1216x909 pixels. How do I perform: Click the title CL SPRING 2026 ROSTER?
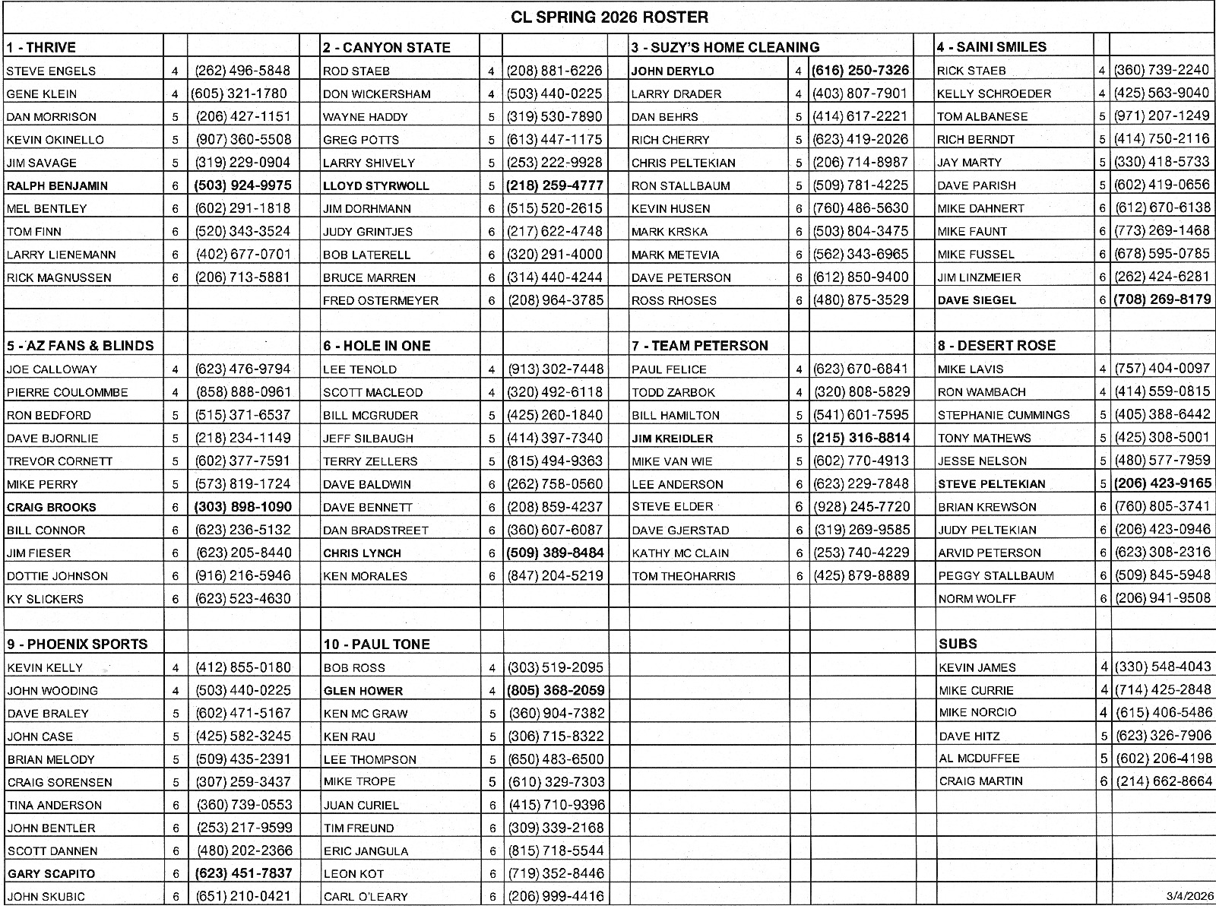coord(609,17)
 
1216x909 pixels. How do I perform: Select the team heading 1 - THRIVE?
coord(42,47)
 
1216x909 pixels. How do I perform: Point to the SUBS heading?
coord(958,644)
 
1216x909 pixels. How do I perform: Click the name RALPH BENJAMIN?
coord(57,185)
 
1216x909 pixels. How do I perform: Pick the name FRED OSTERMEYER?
coord(381,300)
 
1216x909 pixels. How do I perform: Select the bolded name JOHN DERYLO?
coord(673,71)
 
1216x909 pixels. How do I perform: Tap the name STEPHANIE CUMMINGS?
coord(1003,415)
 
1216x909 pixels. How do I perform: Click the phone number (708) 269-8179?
coord(1162,299)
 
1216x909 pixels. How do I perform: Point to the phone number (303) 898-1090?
coord(243,507)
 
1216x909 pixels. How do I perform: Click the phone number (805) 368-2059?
coord(556,690)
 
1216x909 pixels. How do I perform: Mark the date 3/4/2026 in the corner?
coord(1189,896)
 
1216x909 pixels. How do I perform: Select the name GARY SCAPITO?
coord(51,873)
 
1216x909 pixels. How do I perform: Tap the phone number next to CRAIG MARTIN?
coord(1164,781)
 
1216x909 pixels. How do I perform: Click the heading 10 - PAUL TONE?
coord(377,644)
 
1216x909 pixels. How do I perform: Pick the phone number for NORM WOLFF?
coord(1163,598)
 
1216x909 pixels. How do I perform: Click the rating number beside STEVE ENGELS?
coord(175,71)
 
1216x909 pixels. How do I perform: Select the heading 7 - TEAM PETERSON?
coord(700,346)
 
